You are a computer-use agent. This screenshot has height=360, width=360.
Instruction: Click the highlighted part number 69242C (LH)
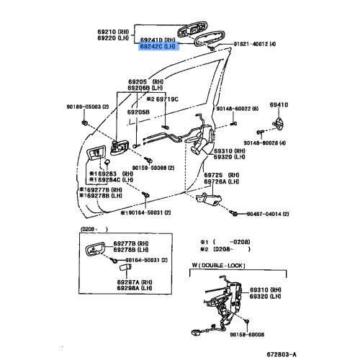point(158,46)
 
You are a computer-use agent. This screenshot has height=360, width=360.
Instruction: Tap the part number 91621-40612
point(256,45)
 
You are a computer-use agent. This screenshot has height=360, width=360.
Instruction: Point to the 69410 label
point(279,104)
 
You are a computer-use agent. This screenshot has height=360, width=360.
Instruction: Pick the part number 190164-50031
point(122,212)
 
